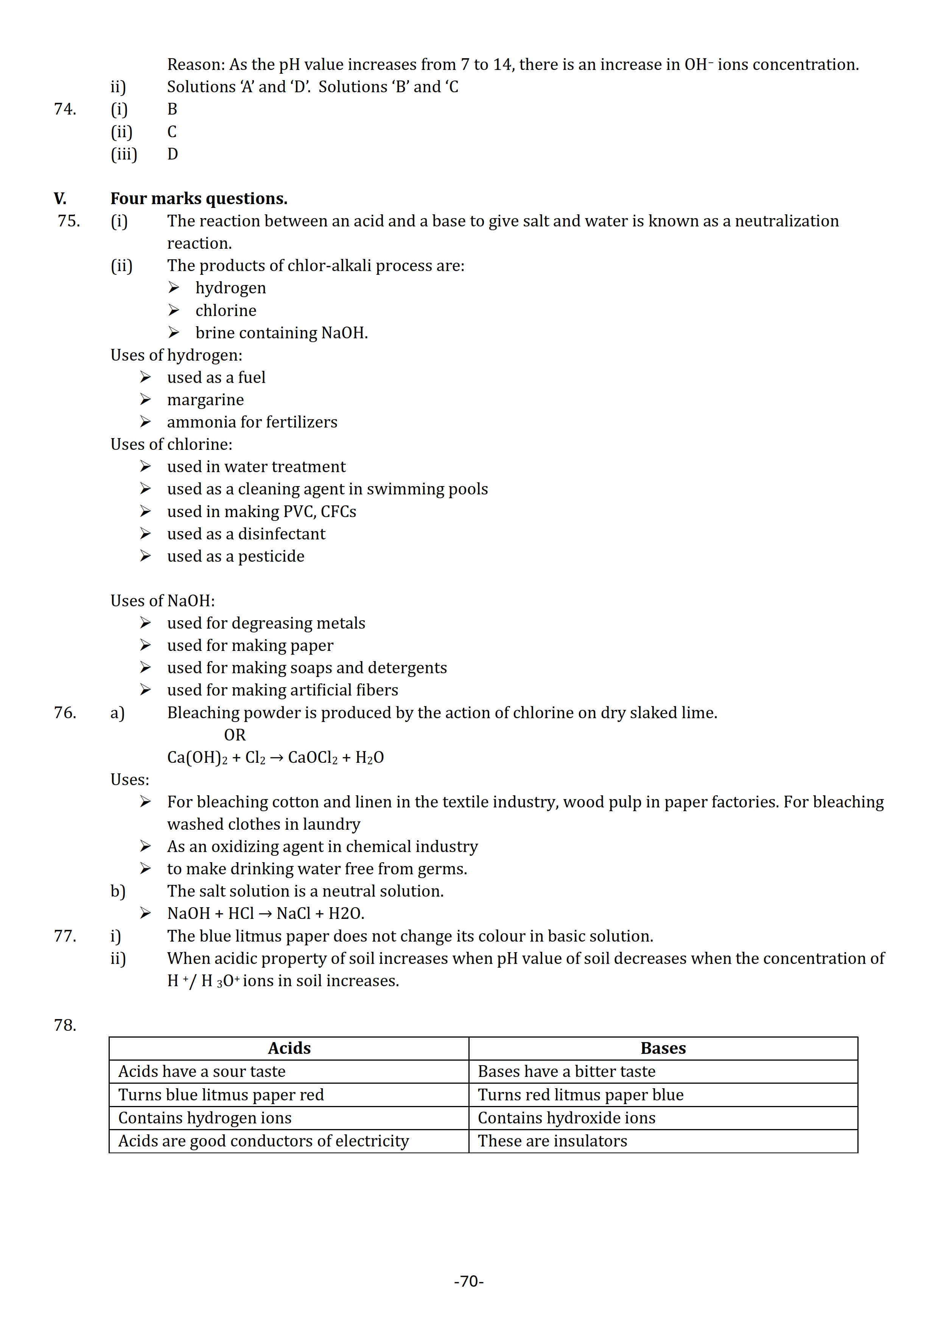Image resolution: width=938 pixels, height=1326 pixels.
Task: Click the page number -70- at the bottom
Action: pyautogui.click(x=469, y=1281)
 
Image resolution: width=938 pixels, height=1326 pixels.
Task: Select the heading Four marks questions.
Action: pyautogui.click(x=199, y=199)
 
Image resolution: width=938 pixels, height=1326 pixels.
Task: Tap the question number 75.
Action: pyautogui.click(x=69, y=221)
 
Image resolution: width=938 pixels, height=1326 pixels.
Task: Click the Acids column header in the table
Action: pyautogui.click(x=289, y=1048)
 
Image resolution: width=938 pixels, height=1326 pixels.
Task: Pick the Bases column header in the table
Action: pyautogui.click(x=663, y=1048)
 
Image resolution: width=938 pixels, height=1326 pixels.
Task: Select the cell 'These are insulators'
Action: pyautogui.click(x=552, y=1141)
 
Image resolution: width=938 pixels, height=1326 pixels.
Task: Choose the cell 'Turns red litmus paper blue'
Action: pyautogui.click(x=580, y=1095)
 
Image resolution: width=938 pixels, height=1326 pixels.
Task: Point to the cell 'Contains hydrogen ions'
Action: pyautogui.click(x=205, y=1118)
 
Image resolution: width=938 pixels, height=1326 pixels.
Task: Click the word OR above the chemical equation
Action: pyautogui.click(x=235, y=735)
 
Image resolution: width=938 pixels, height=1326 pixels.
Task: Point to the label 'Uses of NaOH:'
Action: pyautogui.click(x=162, y=601)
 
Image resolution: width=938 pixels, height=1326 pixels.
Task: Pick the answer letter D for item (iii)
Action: pyautogui.click(x=172, y=154)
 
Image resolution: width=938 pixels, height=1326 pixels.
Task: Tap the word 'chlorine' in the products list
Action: pyautogui.click(x=226, y=311)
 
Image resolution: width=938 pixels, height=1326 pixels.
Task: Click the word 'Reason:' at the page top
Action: pyautogui.click(x=195, y=65)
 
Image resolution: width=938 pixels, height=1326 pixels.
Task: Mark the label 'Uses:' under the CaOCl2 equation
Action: pyautogui.click(x=129, y=780)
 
